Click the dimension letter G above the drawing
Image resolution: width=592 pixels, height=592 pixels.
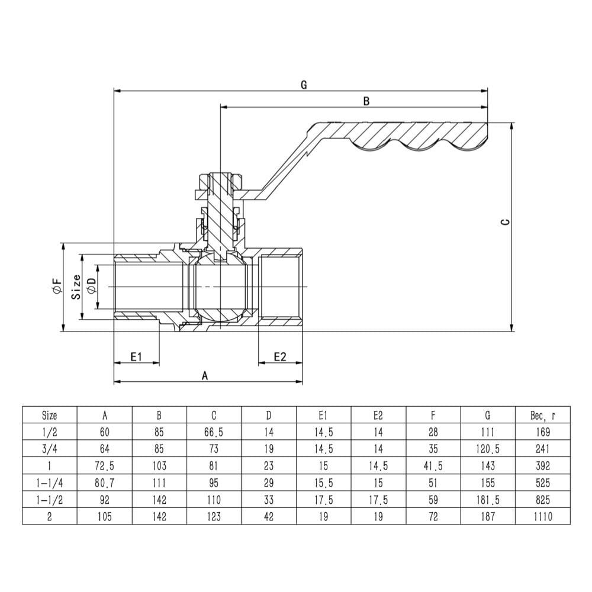pyautogui.click(x=304, y=85)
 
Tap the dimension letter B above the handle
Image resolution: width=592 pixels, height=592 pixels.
pyautogui.click(x=366, y=101)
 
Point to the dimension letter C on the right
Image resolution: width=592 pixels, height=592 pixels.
pyautogui.click(x=505, y=222)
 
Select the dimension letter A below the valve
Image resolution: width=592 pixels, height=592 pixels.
pyautogui.click(x=205, y=375)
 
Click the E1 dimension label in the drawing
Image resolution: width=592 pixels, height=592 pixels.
pyautogui.click(x=136, y=356)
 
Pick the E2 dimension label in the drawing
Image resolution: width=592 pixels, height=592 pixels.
pyautogui.click(x=279, y=356)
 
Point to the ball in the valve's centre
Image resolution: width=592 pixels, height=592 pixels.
pyautogui.click(x=220, y=287)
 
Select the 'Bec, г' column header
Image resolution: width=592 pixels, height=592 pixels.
pyautogui.click(x=543, y=415)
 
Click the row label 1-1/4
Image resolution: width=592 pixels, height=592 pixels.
pyautogui.click(x=50, y=483)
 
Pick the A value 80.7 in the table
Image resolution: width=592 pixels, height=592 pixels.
pyautogui.click(x=105, y=483)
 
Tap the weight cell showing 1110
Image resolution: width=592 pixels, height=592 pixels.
pyautogui.click(x=543, y=517)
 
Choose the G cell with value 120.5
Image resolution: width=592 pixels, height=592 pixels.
pyautogui.click(x=488, y=449)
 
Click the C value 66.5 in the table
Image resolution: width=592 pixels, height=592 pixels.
pyautogui.click(x=214, y=432)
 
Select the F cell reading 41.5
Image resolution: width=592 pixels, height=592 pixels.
pyautogui.click(x=433, y=466)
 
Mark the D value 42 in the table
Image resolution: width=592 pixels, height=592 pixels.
pyautogui.click(x=268, y=517)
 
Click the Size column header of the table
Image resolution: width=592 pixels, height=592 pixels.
pyautogui.click(x=50, y=415)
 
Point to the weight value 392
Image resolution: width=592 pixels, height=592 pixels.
pyautogui.click(x=543, y=466)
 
